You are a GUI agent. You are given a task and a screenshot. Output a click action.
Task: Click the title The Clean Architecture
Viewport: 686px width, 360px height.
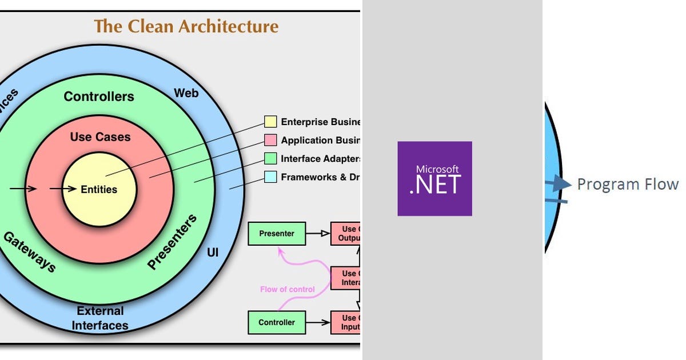[186, 26]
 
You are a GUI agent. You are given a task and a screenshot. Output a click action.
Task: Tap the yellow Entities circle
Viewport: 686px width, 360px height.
[99, 190]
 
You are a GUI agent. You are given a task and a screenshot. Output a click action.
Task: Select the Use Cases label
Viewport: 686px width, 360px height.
[100, 137]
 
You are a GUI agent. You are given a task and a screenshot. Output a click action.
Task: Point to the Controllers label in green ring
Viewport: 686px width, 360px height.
[99, 97]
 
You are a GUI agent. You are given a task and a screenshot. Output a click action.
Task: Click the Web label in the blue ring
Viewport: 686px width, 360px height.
[186, 92]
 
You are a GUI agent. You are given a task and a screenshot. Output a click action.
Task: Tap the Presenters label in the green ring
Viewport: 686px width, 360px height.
[172, 242]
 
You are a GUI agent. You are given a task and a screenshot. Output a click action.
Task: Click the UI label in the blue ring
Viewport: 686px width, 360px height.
[213, 251]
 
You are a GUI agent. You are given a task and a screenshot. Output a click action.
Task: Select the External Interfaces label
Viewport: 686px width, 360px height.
[101, 318]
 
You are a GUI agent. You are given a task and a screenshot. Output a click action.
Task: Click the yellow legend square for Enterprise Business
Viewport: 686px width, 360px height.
[270, 122]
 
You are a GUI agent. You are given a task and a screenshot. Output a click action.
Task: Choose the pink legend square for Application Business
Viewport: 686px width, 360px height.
[270, 140]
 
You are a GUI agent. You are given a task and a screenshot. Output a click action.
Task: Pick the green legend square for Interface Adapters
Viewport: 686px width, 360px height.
[270, 158]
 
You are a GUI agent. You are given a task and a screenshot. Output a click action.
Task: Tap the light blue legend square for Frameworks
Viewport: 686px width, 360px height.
[270, 177]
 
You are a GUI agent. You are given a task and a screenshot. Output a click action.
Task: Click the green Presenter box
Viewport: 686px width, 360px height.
[277, 233]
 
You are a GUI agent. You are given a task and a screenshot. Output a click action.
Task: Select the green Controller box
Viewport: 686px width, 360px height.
[277, 322]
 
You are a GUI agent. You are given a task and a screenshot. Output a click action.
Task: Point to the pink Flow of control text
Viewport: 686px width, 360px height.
[287, 289]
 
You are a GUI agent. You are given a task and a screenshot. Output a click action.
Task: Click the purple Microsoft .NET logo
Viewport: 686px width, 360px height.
[434, 178]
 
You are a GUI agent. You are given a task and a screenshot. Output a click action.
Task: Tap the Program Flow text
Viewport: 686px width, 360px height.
[628, 184]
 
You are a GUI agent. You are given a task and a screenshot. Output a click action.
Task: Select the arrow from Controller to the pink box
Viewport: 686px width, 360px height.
[318, 322]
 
